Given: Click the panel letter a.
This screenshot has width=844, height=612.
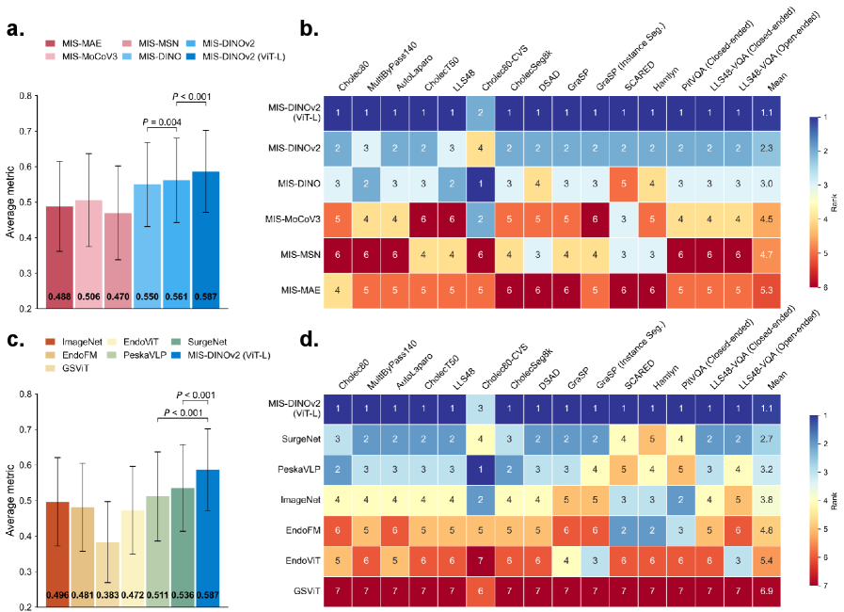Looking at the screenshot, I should coord(15,28).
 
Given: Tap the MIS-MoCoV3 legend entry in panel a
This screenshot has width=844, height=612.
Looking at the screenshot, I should coord(84,57).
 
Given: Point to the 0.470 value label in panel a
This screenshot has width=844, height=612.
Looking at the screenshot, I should coord(117,297).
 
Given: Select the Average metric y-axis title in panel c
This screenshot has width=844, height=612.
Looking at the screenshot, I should coord(10,500).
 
